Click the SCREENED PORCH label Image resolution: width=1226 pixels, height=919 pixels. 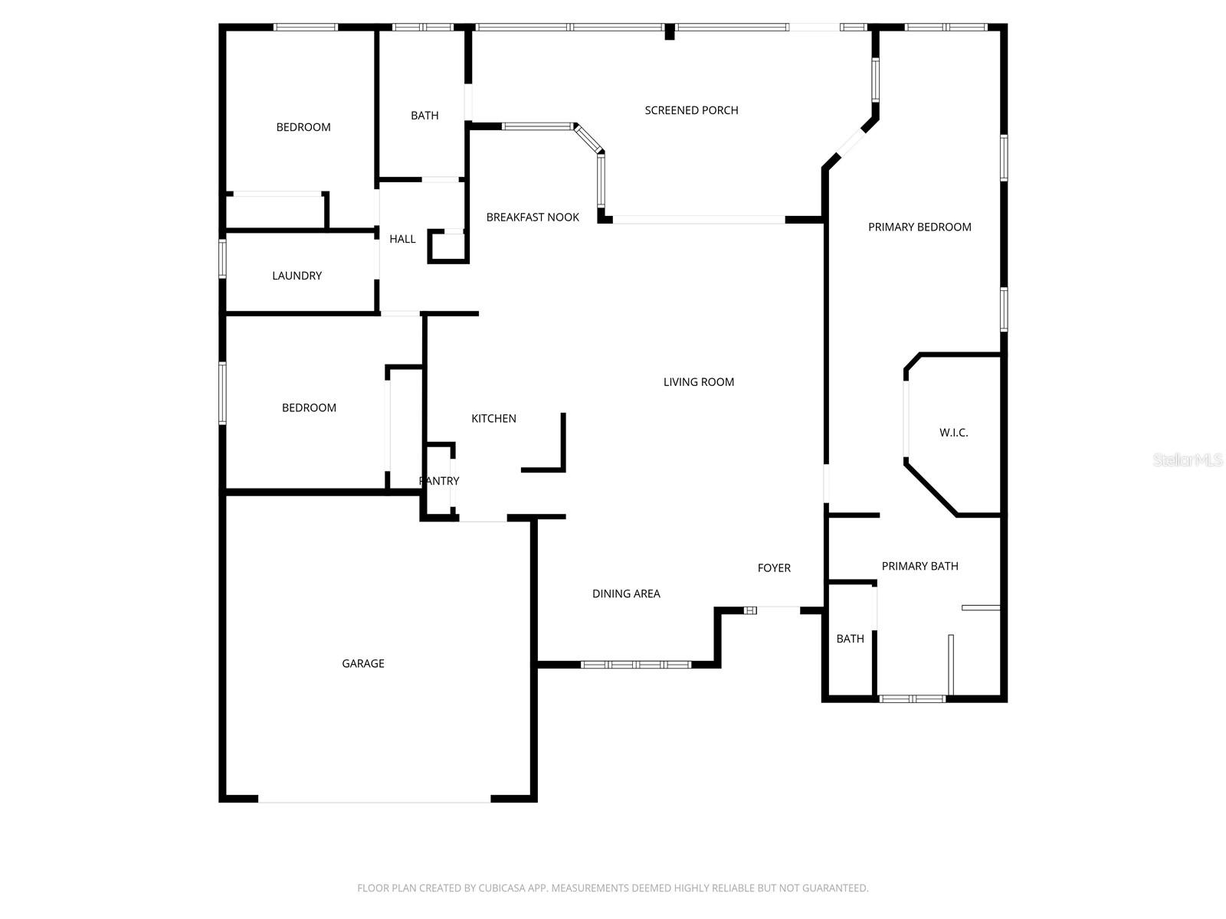pyautogui.click(x=691, y=110)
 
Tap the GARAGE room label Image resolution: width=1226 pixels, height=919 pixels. pyautogui.click(x=363, y=663)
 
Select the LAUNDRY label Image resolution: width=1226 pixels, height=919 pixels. pyautogui.click(x=297, y=276)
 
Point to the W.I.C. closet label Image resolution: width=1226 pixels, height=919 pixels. pyautogui.click(x=953, y=433)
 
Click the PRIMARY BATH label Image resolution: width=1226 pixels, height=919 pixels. pyautogui.click(x=919, y=566)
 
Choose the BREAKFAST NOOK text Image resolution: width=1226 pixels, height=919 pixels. pyautogui.click(x=533, y=217)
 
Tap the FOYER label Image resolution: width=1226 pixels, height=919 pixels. pyautogui.click(x=774, y=567)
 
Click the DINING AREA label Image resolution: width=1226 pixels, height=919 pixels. pyautogui.click(x=626, y=594)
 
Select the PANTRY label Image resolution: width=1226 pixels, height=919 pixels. pyautogui.click(x=439, y=481)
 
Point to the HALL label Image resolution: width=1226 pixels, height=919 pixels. pyautogui.click(x=402, y=239)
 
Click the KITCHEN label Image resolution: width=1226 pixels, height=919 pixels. pyautogui.click(x=493, y=418)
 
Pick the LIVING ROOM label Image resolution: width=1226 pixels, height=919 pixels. pyautogui.click(x=698, y=381)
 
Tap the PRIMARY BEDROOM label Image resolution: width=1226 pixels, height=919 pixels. pyautogui.click(x=919, y=227)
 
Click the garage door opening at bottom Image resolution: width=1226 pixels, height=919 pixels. pyautogui.click(x=374, y=800)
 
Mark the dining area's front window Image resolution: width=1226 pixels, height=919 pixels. pyautogui.click(x=636, y=664)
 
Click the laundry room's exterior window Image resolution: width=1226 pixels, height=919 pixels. pyautogui.click(x=223, y=258)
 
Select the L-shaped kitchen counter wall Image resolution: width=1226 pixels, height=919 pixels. pyautogui.click(x=562, y=452)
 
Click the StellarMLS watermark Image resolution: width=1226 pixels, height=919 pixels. pyautogui.click(x=1187, y=459)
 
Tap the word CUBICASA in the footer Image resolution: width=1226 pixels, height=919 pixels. pyautogui.click(x=503, y=888)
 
